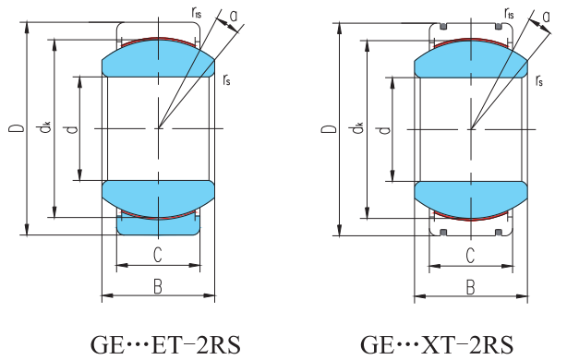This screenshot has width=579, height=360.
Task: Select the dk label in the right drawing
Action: click(357, 128)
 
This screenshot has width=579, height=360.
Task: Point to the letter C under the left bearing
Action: click(158, 255)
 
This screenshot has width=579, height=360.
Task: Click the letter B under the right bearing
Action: click(470, 287)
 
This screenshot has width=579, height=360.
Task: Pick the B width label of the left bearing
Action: click(158, 286)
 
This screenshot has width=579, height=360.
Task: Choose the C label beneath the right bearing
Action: click(470, 256)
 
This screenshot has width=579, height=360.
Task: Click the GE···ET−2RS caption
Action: click(165, 345)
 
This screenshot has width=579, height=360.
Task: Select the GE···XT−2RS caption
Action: click(437, 345)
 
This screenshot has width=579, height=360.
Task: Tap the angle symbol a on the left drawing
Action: click(234, 17)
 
